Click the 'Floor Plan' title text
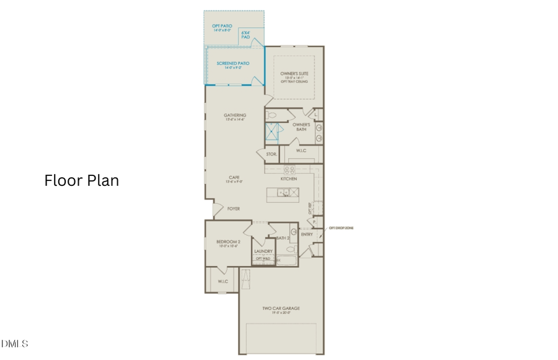coord(81,180)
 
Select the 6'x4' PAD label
coord(246,35)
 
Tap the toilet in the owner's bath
coord(271,115)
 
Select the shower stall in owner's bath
coord(273,132)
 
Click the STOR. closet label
coord(271,154)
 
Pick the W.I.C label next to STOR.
coord(301,150)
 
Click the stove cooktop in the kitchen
coord(290,169)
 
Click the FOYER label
coord(234,209)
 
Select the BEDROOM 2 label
coord(228,242)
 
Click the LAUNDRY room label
coord(263,251)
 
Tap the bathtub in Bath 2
coord(286,260)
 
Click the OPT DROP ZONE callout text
coord(340,228)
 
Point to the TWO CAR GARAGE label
coord(281,309)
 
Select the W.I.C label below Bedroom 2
coord(223,282)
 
